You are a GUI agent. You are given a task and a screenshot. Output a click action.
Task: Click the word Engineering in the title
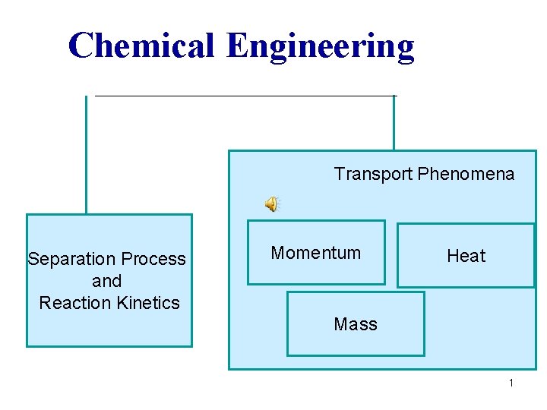[x=320, y=47]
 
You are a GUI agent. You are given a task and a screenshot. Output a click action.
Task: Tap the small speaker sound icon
[x=271, y=203]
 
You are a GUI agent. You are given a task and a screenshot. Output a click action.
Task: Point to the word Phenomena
[x=466, y=174]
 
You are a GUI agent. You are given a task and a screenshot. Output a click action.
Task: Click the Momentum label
[x=315, y=253]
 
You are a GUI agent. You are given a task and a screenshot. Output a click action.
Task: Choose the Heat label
[x=466, y=256]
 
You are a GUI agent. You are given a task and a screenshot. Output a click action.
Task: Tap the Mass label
[x=355, y=324]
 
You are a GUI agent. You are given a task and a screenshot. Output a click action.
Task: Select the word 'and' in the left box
[x=106, y=281]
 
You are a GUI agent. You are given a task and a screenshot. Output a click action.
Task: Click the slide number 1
[x=511, y=383]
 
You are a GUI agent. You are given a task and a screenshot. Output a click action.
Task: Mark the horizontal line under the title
[x=243, y=96]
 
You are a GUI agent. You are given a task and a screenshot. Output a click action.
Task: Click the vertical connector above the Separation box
[x=86, y=156]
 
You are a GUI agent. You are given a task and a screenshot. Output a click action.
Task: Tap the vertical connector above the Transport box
[x=394, y=123]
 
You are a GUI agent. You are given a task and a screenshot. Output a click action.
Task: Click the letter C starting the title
[x=80, y=46]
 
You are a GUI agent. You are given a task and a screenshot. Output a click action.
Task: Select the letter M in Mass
[x=340, y=324]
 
